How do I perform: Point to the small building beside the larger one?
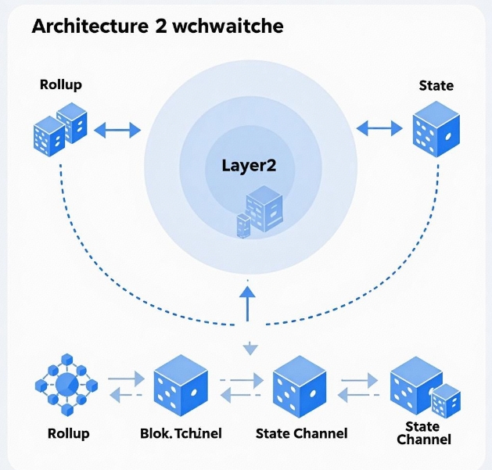(x=243, y=225)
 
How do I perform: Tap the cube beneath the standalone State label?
(x=436, y=129)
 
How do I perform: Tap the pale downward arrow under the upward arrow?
(x=249, y=346)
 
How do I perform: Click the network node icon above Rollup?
(x=66, y=384)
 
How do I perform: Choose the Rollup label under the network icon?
(x=68, y=432)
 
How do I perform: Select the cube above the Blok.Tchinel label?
(x=180, y=385)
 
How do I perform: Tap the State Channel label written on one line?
(x=302, y=433)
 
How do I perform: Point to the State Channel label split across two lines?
(x=423, y=432)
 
